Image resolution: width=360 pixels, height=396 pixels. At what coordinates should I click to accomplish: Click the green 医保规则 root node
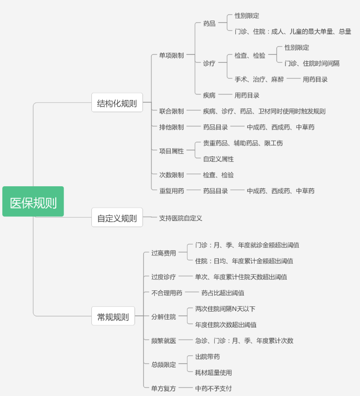coord(33,201)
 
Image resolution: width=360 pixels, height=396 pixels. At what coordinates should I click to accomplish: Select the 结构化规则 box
coord(117,103)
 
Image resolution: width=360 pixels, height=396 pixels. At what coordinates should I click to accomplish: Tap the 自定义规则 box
coord(117,217)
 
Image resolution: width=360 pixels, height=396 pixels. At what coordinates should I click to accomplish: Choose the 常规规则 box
coord(113,316)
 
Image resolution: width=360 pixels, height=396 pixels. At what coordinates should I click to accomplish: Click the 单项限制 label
coord(172,55)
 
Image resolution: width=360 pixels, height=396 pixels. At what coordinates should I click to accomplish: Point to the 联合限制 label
coord(172,111)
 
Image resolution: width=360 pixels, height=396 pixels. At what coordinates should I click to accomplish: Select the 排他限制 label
coord(172,127)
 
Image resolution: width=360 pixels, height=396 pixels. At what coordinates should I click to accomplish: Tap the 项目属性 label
coord(172,151)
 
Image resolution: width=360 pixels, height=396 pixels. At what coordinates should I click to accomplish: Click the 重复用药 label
coord(172,190)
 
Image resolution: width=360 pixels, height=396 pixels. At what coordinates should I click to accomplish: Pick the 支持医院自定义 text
coord(180,218)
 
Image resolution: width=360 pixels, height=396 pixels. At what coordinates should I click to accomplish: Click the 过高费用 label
coord(164,253)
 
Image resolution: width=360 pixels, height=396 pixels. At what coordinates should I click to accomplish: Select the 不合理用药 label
coord(167,293)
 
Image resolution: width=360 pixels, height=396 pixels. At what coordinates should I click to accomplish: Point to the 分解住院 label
coord(164,317)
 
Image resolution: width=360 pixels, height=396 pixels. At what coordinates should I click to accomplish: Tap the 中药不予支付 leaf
coord(213,388)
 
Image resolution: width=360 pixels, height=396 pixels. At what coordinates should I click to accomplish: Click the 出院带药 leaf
coord(207,357)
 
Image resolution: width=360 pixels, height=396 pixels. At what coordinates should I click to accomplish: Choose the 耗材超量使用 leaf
coord(213,373)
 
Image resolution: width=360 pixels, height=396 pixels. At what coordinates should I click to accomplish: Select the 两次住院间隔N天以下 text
coord(225,309)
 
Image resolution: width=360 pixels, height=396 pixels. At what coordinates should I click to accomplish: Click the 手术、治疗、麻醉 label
coord(259,79)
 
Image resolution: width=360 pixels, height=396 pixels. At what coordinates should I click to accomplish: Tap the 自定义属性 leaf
coord(218,159)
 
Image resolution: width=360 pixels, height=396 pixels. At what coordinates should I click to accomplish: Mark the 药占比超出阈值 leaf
coord(223,293)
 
